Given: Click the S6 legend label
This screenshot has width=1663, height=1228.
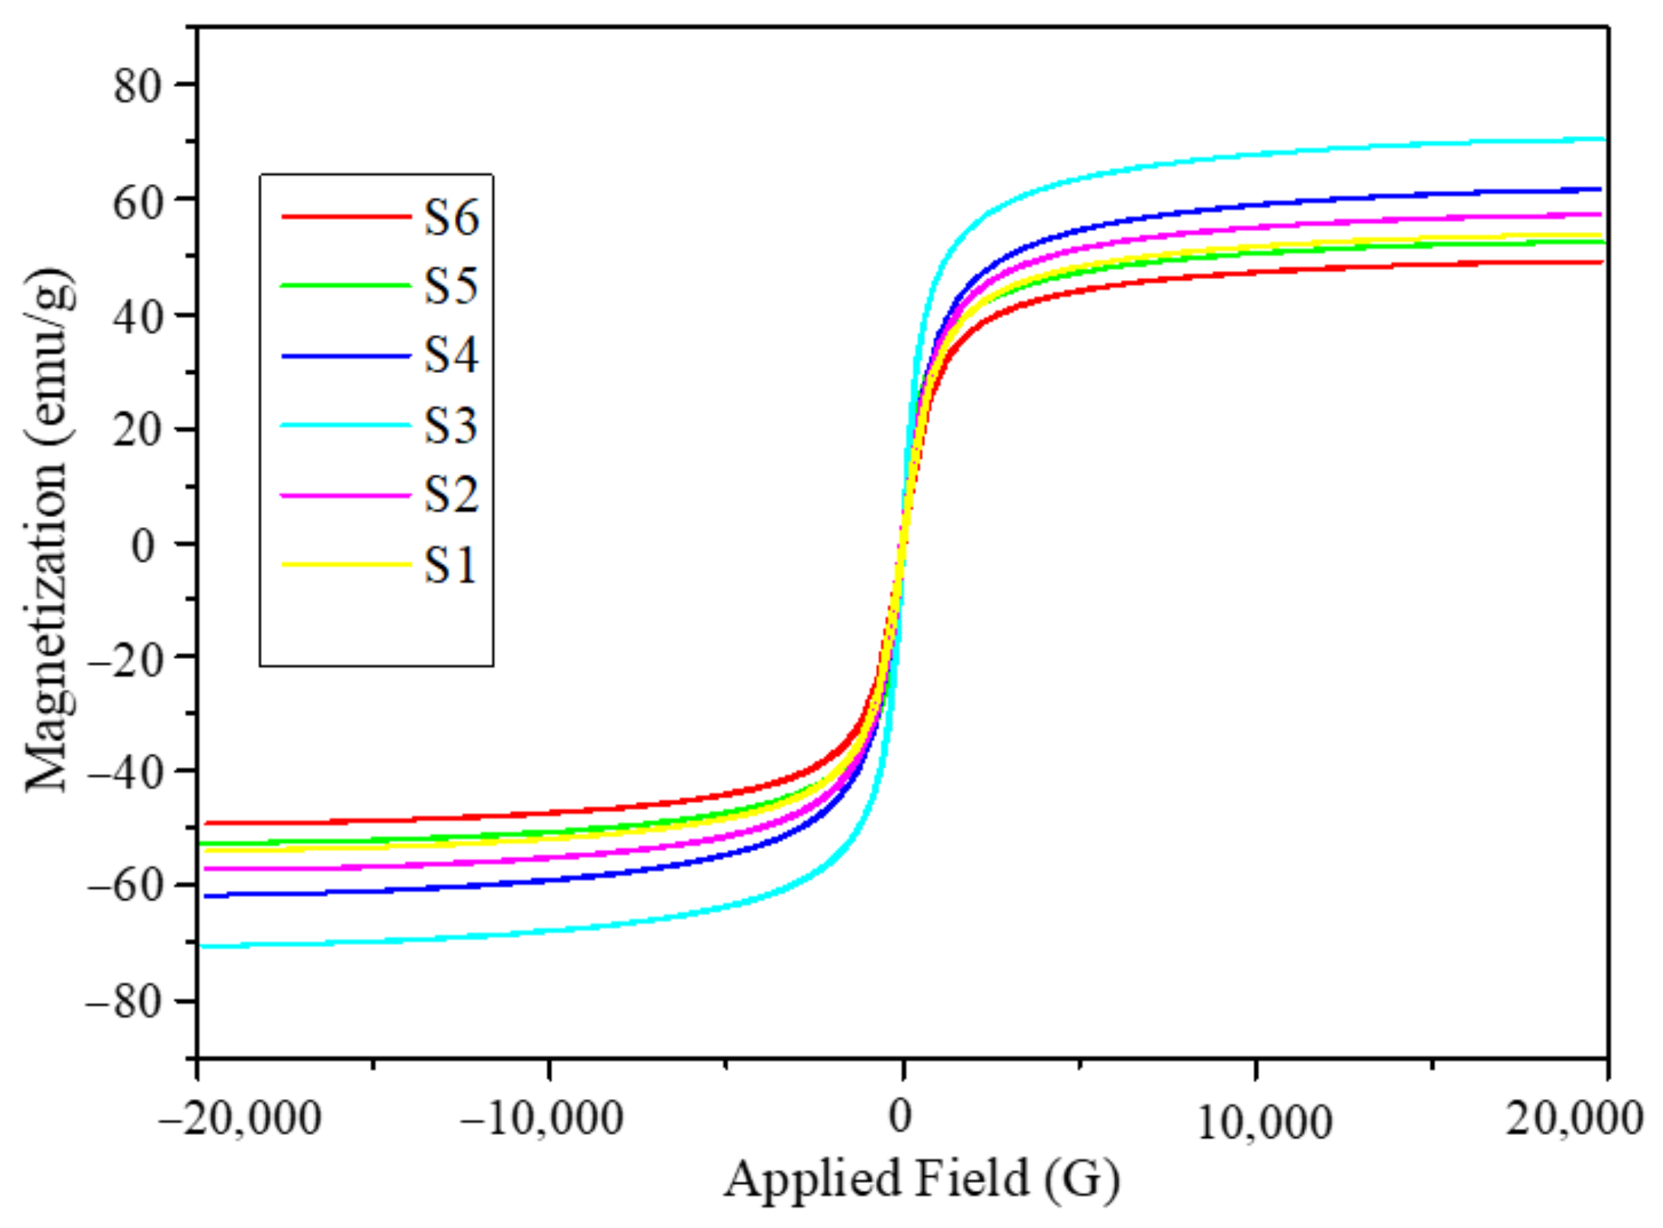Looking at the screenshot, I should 451,218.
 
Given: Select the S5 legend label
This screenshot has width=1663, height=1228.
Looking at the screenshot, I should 451,287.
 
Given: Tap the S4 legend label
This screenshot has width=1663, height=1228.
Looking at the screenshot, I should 451,355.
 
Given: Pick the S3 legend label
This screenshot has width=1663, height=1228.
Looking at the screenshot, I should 451,425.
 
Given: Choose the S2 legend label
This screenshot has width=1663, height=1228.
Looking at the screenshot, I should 451,495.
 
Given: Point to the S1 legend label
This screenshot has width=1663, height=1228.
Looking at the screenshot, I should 451,564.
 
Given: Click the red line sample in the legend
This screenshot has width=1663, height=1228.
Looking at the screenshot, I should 346,218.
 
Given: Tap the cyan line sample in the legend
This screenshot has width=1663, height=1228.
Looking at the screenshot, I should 346,426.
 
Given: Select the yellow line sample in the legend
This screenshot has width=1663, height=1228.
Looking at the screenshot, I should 346,564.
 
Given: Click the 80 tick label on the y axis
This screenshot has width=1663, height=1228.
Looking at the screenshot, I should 138,86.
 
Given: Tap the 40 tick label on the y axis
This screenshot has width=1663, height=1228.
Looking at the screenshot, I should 138,317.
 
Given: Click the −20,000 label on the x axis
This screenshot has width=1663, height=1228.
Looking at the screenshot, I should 240,1119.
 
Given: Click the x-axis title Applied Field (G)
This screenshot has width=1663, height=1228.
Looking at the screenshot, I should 922,1180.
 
